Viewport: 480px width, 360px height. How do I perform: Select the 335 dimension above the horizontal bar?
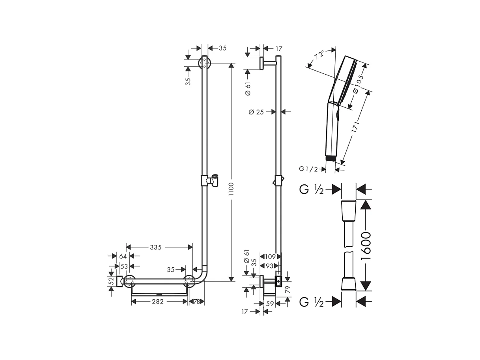pos(155,247)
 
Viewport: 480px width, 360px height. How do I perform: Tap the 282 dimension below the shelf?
pos(159,302)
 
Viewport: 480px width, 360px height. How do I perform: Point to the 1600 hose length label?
pos(366,246)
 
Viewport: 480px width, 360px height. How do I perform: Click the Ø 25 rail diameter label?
pos(256,112)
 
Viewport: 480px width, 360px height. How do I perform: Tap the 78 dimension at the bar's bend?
pos(197,302)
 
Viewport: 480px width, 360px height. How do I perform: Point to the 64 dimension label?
pos(123,256)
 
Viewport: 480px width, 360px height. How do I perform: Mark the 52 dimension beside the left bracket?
pos(111,281)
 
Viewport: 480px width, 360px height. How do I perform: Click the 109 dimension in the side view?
pos(270,257)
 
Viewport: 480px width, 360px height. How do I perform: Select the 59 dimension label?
pos(270,304)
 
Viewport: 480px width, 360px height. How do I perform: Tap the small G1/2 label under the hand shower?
pos(308,169)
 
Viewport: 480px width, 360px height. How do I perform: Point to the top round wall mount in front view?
pos(204,63)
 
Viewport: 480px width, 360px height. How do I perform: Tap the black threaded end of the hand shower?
pos(331,158)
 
